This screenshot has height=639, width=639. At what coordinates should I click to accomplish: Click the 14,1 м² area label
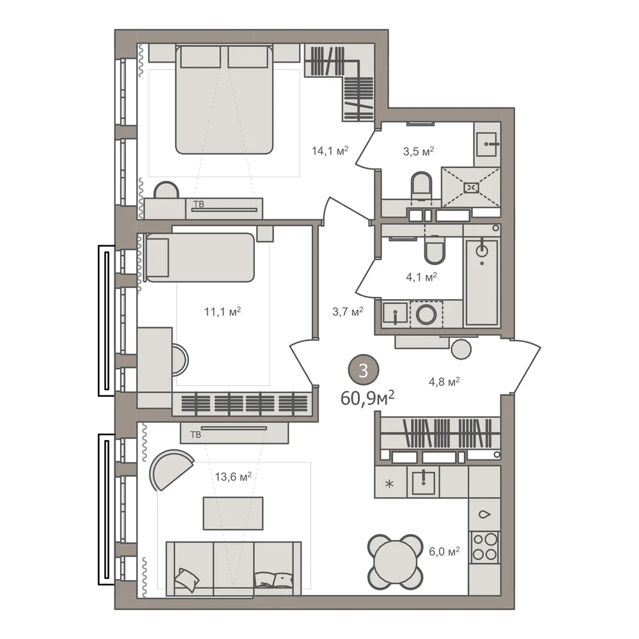click(330, 151)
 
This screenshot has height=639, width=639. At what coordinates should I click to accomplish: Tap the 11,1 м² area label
click(222, 312)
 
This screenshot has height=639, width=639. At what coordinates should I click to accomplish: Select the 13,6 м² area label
click(233, 476)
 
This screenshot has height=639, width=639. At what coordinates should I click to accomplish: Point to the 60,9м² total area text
click(367, 397)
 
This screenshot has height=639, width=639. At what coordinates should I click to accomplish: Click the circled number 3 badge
click(363, 371)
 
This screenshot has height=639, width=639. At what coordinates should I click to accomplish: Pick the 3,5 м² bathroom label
click(419, 151)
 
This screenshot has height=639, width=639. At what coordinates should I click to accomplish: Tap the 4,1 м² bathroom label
click(421, 277)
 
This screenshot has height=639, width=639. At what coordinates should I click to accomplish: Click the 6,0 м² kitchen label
click(444, 552)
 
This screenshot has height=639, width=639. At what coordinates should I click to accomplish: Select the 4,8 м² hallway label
click(444, 382)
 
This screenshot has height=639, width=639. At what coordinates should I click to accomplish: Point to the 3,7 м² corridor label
click(348, 312)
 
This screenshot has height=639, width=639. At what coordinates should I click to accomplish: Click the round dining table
click(394, 562)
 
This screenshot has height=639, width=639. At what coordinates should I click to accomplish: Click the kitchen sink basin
click(424, 481)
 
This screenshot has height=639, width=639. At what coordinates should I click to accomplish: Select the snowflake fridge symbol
click(390, 484)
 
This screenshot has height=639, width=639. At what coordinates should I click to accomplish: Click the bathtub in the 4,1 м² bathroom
click(482, 282)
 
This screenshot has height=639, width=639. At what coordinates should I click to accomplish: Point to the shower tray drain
click(471, 187)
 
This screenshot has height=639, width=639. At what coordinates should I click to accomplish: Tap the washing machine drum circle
click(426, 314)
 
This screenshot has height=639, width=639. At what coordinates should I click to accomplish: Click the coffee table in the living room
click(233, 513)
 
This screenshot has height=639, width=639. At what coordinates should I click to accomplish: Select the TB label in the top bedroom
click(199, 204)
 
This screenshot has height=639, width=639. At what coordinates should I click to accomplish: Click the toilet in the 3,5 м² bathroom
click(421, 187)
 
